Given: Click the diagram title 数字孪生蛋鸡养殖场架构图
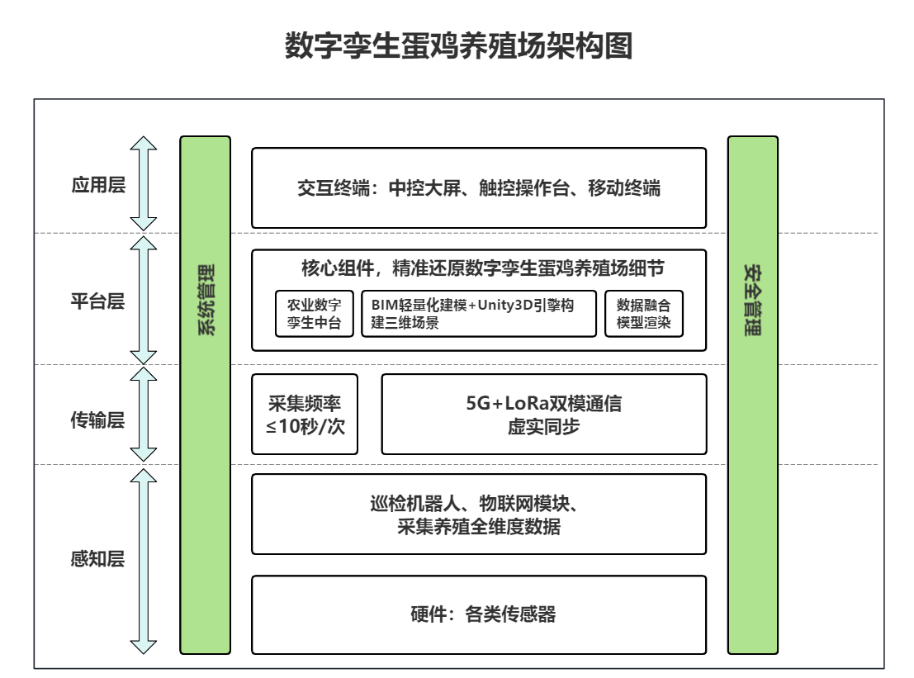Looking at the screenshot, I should (458, 47).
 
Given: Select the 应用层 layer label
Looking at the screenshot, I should (97, 184).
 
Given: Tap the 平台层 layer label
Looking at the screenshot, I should (97, 301).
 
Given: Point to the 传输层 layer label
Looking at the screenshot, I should (97, 420).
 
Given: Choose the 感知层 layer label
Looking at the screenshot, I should (97, 559).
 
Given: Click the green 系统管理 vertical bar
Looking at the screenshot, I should (205, 395).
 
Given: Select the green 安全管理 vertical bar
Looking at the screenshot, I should (752, 395).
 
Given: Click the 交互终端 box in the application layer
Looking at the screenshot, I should (479, 187).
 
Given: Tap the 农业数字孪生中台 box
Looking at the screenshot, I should (314, 314).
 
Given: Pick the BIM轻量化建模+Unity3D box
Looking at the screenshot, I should (478, 314).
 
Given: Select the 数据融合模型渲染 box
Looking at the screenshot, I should (644, 314).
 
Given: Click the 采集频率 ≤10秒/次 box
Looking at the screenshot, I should (305, 415).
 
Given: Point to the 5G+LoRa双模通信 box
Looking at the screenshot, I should (543, 415).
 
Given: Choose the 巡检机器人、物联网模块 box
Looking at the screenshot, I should (479, 514).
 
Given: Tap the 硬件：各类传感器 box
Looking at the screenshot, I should (479, 614).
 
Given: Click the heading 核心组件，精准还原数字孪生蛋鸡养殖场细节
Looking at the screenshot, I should (479, 269).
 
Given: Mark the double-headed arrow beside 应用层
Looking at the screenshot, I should (144, 183).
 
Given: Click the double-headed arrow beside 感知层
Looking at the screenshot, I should (144, 561).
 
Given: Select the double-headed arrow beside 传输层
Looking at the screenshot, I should (144, 415).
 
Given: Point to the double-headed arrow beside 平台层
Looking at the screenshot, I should (144, 300).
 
